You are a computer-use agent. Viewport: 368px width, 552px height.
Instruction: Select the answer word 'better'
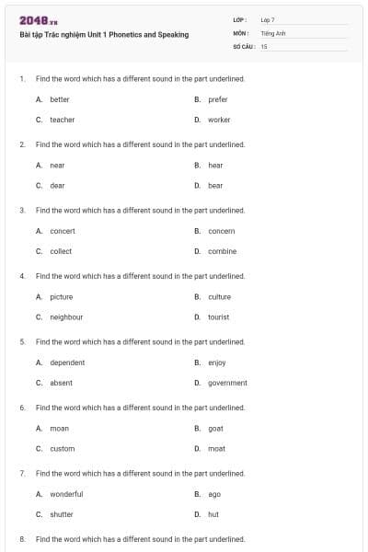coord(59,99)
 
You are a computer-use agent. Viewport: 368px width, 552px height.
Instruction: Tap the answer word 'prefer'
coord(218,99)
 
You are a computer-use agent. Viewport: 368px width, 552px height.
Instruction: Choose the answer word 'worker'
coord(219,120)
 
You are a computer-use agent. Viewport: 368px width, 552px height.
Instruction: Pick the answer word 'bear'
coord(215,185)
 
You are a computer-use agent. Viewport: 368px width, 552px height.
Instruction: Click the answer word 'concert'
coord(63,231)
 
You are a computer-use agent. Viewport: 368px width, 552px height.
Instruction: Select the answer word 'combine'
coord(222,251)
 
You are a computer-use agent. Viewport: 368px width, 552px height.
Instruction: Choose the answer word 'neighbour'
coord(66,316)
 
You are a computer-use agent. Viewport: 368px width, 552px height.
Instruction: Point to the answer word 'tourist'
coord(219,316)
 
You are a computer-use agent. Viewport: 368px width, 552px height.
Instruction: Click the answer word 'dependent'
coord(67,362)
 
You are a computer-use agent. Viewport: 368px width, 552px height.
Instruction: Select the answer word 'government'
coord(227,383)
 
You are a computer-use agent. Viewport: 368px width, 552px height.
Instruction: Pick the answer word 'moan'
coord(59,428)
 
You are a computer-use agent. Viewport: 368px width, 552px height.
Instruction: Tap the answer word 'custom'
coord(62,448)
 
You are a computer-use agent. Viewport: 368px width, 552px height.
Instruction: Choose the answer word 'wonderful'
coord(66,494)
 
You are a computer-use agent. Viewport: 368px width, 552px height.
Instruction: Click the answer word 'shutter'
coord(62,514)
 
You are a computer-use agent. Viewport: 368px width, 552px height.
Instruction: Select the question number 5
coord(22,341)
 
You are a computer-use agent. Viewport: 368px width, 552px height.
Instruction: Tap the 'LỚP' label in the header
coord(240,19)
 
